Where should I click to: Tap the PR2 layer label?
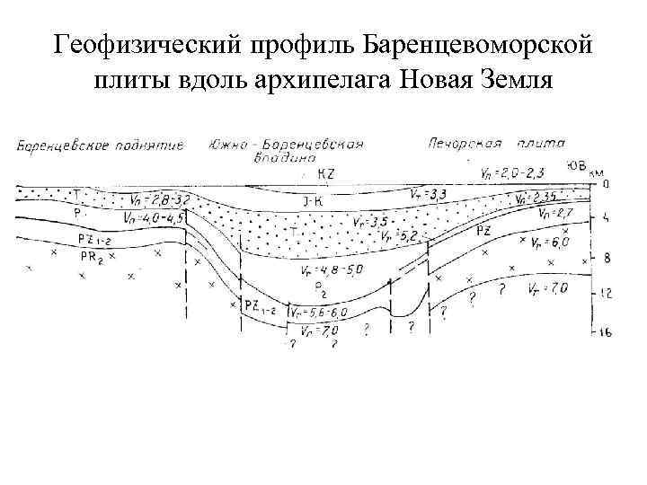pos(93,256)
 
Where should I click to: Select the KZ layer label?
pos(328,173)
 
